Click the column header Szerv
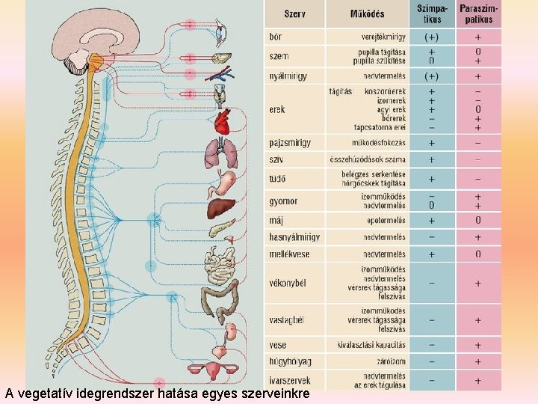pyautogui.click(x=294, y=13)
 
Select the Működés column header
pyautogui.click(x=368, y=13)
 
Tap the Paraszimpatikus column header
pyautogui.click(x=479, y=13)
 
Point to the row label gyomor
pyautogui.click(x=283, y=201)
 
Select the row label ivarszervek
pyautogui.click(x=290, y=379)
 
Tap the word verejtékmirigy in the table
pyautogui.click(x=383, y=36)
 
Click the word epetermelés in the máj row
pyautogui.click(x=387, y=221)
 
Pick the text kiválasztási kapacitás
pyautogui.click(x=371, y=346)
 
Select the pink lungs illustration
pyautogui.click(x=223, y=153)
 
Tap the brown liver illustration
pyautogui.click(x=222, y=208)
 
